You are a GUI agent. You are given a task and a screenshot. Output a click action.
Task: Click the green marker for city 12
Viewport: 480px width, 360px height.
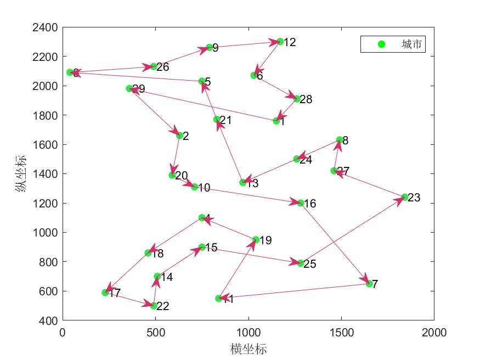click(x=280, y=42)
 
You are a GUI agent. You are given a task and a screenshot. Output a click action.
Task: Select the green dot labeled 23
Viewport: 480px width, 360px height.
click(x=405, y=197)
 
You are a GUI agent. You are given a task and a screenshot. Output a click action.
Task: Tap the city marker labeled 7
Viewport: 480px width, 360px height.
click(x=369, y=284)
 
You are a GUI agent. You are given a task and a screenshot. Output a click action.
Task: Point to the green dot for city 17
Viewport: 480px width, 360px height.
click(x=105, y=292)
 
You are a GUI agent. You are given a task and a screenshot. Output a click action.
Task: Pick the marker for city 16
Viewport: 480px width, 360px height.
click(x=301, y=203)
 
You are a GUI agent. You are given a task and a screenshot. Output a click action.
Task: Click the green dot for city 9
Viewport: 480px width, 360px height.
click(x=210, y=48)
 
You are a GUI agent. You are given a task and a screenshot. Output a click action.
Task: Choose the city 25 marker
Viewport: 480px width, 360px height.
click(x=301, y=263)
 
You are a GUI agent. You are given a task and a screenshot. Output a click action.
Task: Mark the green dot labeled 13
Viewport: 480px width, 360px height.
click(x=243, y=183)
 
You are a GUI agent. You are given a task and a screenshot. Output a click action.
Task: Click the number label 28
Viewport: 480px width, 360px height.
click(x=306, y=99)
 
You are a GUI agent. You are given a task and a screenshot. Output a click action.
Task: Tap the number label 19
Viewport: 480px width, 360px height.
click(x=266, y=240)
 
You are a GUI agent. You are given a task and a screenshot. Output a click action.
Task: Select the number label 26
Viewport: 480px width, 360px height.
click(x=162, y=67)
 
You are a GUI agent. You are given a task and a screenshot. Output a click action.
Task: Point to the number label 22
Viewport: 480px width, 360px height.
click(x=162, y=306)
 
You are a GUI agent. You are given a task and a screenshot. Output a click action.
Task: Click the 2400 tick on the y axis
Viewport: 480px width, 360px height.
click(x=46, y=27)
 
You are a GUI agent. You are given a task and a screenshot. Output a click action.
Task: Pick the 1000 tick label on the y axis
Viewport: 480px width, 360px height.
click(x=46, y=232)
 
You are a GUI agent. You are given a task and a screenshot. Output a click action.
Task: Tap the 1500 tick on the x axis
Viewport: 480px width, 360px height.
click(x=341, y=332)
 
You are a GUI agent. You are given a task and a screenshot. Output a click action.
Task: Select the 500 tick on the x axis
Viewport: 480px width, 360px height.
click(x=155, y=332)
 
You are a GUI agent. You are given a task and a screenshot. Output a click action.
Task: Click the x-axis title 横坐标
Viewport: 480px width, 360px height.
click(x=249, y=349)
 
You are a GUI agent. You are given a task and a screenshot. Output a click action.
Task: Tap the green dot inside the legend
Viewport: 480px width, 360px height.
click(x=382, y=44)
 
